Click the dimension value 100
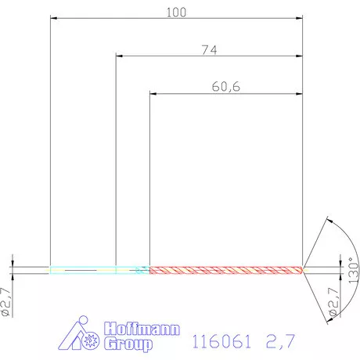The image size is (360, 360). click(177, 12)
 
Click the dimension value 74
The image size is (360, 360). click(208, 49)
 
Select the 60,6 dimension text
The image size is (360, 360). click(225, 87)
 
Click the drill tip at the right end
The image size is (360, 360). click(304, 270)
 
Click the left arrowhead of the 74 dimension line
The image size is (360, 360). click(119, 56)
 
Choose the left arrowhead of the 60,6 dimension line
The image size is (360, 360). click(153, 93)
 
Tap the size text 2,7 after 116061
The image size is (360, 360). click(281, 340)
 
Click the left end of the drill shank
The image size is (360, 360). click(51, 270)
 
